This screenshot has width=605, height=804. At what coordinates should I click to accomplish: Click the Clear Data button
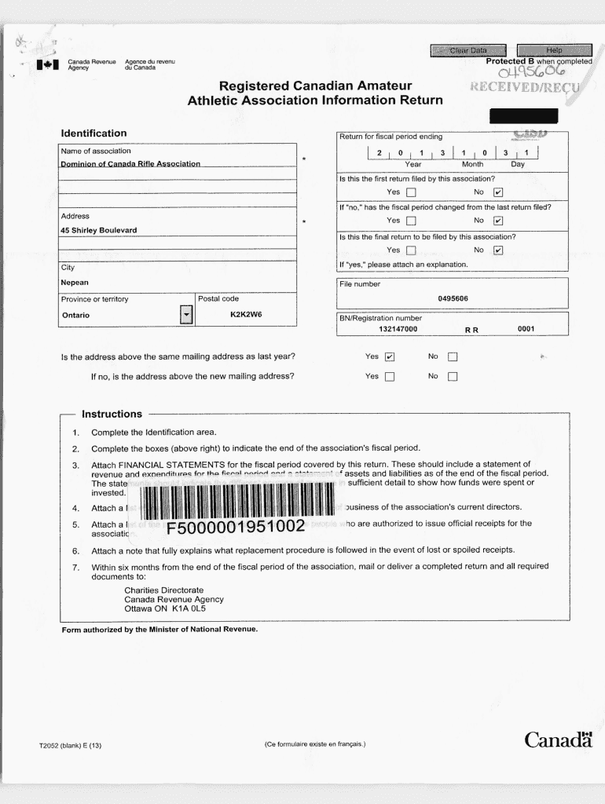coord(468,51)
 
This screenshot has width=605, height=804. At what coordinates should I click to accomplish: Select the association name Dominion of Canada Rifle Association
coord(130,164)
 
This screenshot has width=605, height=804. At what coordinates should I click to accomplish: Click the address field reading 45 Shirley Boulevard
coord(99,230)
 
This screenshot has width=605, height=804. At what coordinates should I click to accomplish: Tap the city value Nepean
coord(75,282)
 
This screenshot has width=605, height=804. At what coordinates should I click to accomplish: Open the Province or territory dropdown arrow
coord(186,315)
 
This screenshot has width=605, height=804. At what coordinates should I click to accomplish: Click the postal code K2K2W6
coord(245,315)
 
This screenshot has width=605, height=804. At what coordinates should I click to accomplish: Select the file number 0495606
coord(453,298)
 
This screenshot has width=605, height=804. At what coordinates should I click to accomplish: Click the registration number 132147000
coord(398,329)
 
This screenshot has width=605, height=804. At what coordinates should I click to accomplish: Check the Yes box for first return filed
coord(411,192)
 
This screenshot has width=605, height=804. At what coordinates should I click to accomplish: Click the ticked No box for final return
coord(497,250)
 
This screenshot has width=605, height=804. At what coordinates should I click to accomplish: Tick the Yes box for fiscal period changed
coord(411,221)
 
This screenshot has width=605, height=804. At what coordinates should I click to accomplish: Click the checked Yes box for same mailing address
coord(390,356)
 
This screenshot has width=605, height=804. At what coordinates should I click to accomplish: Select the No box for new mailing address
coord(452,376)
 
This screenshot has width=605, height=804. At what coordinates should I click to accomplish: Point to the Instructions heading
coord(107,414)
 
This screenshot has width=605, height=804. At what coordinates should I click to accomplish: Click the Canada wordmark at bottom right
coord(558,740)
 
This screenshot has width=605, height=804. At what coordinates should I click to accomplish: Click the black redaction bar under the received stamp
coord(523,117)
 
